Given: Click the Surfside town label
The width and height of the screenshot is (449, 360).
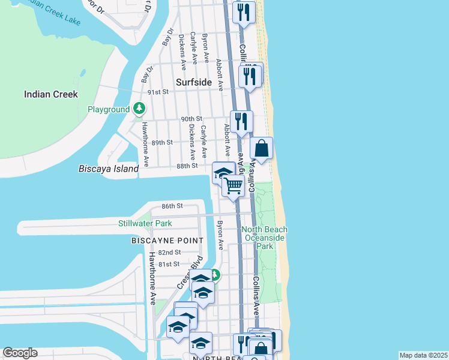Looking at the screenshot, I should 194,82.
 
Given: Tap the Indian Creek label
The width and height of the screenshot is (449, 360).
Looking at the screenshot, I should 51,94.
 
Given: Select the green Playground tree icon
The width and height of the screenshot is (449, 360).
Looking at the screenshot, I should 139,109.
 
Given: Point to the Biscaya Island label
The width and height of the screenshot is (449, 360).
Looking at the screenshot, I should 109,169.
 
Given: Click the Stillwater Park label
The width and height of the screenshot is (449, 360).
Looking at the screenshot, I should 145,224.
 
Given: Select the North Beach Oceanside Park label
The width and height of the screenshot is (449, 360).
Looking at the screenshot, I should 264,238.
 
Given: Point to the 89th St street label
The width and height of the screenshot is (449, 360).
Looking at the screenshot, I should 162,142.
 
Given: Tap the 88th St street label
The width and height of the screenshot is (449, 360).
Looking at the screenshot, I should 187,166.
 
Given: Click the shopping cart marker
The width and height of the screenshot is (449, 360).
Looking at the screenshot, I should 233,185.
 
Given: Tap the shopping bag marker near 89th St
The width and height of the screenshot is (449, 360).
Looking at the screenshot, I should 262,148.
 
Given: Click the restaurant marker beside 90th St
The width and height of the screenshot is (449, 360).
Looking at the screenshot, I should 241,121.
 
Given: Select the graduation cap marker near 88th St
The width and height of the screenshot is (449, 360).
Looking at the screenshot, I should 223,172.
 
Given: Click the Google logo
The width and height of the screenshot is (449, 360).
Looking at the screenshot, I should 20,353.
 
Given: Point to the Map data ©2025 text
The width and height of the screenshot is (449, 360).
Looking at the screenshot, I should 423,355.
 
